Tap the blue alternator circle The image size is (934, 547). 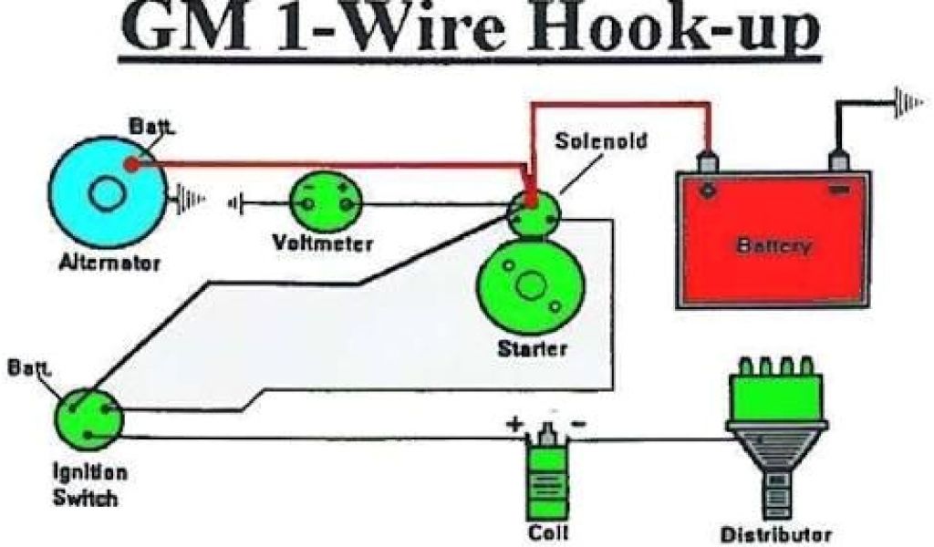click(107, 191)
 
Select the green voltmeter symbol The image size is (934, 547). click(325, 203)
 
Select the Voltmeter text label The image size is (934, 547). click(323, 244)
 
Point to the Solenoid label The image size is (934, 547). click(590, 142)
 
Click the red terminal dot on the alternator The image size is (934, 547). click(133, 165)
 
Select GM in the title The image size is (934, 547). click(178, 32)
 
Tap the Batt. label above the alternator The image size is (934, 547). click(146, 130)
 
